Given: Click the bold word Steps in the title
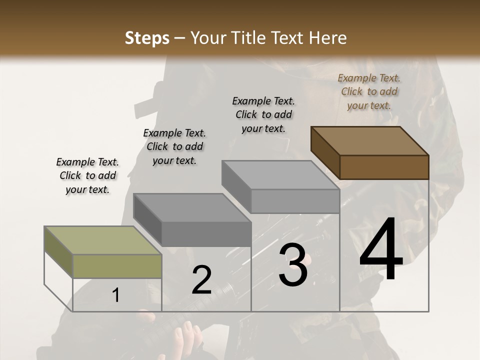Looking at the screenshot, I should tap(147, 38).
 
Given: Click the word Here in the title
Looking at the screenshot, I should tap(328, 38).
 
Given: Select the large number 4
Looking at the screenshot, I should tap(381, 250).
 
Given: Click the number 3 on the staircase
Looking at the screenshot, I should tap(293, 265).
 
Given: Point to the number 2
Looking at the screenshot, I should tap(201, 280).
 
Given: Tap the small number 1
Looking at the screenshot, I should tap(115, 295).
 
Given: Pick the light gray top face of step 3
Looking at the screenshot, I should tap(280, 174).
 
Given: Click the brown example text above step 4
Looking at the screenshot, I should tap(369, 91).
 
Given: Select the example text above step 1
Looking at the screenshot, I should tap(87, 175).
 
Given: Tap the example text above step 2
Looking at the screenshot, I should tap(174, 146).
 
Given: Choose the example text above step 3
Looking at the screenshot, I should tap(263, 114).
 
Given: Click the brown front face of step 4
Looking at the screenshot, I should tap(384, 167).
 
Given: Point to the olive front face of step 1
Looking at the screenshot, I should tap(117, 266).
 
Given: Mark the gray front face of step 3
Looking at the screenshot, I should tap(295, 201).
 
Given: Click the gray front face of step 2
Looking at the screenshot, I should tap(206, 234).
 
